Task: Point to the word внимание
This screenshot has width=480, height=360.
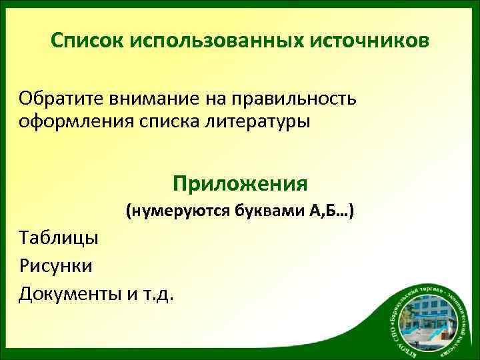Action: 151,99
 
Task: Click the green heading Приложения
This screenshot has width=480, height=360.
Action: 240,183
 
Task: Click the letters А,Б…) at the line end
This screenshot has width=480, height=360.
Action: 332,212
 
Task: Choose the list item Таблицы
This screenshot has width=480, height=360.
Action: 58,237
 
